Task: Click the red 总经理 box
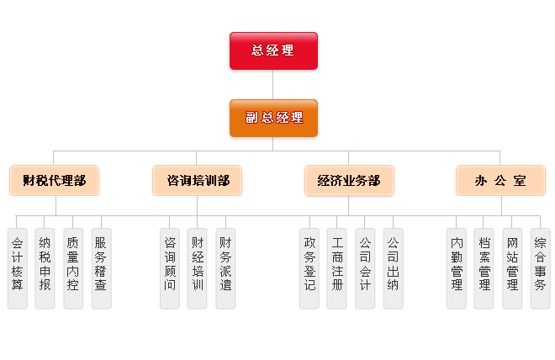coord(273,50)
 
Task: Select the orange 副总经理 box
coord(273,118)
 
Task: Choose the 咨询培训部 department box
coord(198,180)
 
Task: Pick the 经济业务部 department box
coord(349,180)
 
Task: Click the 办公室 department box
coord(500,180)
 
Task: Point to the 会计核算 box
coord(18,267)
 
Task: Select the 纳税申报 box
coord(45,267)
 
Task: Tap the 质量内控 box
coord(73,267)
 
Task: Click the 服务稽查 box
coord(101,267)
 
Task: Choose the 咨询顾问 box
coord(170,267)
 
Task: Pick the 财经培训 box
coord(198,267)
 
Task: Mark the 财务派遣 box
coord(225,267)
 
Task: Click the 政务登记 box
coord(309,267)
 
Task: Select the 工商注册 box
coord(337,267)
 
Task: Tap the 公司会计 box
coord(365,267)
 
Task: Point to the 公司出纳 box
coord(393,267)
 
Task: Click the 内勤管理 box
coord(457,267)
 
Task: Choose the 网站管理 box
coord(512,267)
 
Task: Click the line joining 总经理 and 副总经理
coord(273,84)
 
